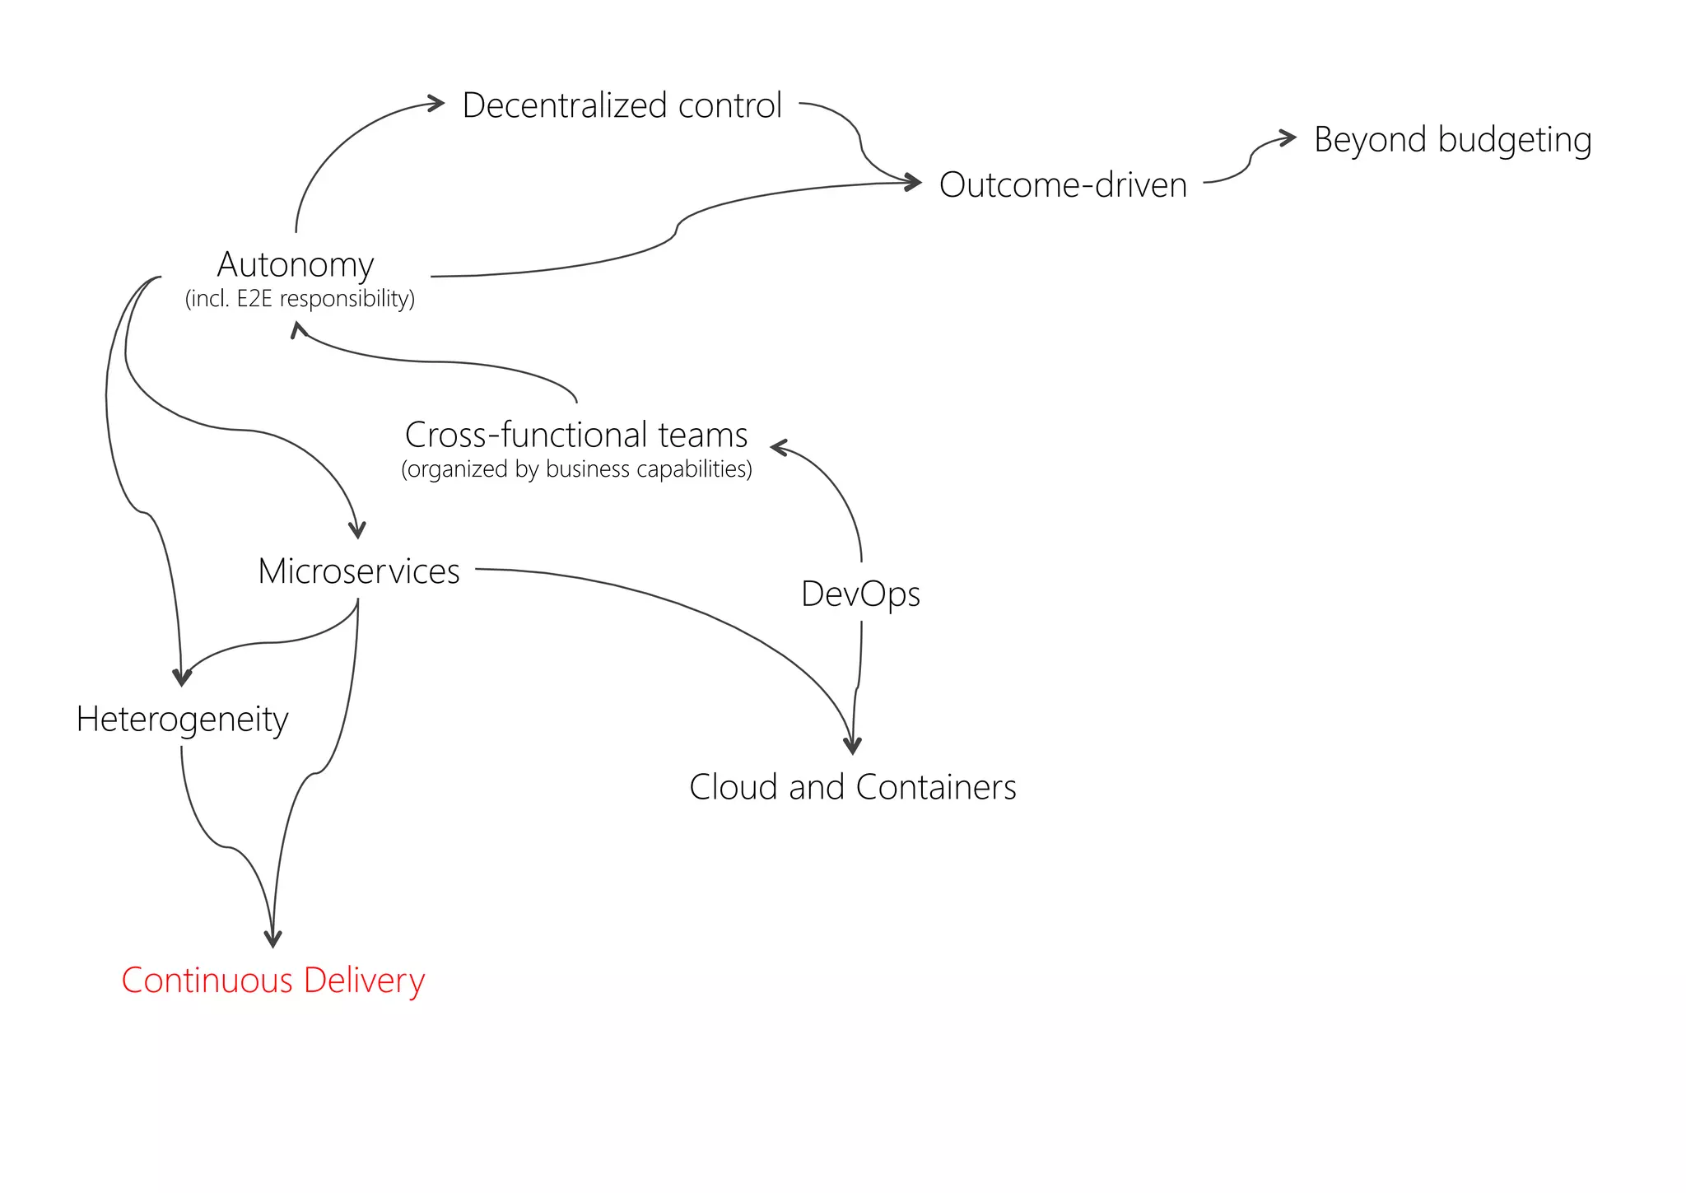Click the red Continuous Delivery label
point(272,981)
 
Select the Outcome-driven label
point(1063,185)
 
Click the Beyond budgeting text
point(1452,140)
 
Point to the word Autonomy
point(296,265)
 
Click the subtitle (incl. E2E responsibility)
point(300,298)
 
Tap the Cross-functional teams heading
point(576,435)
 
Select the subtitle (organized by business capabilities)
point(576,469)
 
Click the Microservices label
point(359,571)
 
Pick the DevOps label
point(860,594)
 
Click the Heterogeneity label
point(182,720)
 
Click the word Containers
point(936,787)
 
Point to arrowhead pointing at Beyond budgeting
point(1288,137)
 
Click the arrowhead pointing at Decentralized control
point(436,103)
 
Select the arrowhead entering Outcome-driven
point(913,182)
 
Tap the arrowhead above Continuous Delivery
point(272,939)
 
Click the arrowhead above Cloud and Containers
point(853,746)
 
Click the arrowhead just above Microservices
point(357,529)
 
